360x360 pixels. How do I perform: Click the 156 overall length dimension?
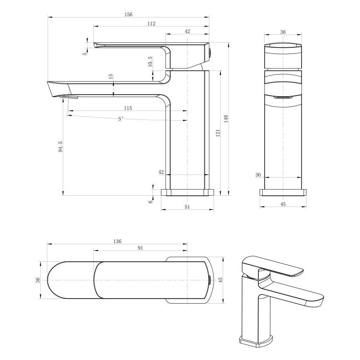128,15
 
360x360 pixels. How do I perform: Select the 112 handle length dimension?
151,24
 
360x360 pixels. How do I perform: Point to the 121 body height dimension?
218,132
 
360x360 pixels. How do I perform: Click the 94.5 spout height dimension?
61,146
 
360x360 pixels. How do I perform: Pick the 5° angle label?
121,119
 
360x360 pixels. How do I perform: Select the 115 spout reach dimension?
128,108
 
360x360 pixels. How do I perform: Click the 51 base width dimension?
187,207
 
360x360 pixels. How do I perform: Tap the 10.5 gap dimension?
150,61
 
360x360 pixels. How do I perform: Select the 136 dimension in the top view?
117,241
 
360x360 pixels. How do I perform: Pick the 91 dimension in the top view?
140,248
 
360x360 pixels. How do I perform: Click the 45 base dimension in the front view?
283,204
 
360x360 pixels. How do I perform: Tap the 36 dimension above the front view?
283,32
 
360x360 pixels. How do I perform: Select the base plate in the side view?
187,192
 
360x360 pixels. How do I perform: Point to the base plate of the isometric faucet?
256,341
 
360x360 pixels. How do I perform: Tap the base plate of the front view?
283,192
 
